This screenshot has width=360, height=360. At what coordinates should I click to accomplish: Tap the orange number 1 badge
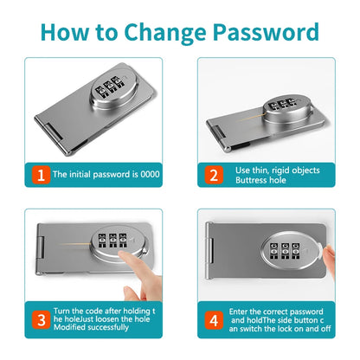point(37,174)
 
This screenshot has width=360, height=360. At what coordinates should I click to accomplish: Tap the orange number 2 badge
point(213,174)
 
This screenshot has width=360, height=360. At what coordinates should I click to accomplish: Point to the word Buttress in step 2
point(252,180)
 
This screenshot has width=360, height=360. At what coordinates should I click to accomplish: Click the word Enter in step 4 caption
point(244,311)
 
